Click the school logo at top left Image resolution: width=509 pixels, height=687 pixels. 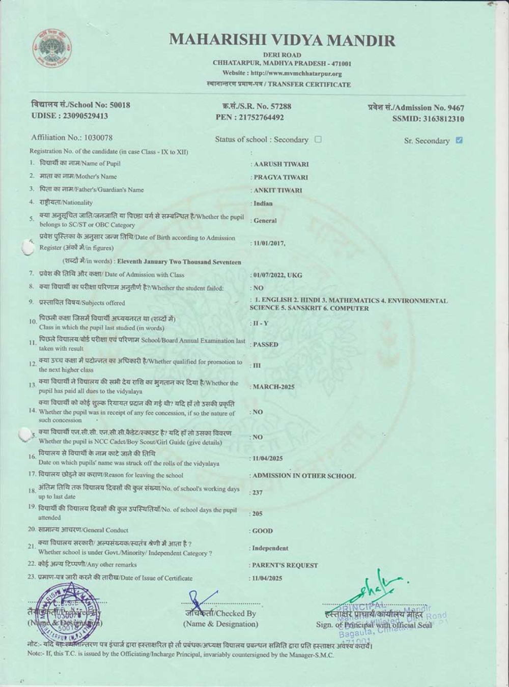(52, 48)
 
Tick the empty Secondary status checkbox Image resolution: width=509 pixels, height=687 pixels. (318, 139)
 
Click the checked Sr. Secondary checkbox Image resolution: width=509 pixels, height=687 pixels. (459, 140)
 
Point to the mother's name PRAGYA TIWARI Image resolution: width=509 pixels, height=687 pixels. (280, 178)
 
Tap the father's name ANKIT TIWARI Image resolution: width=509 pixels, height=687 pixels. (277, 190)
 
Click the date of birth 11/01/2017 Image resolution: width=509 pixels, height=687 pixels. (269, 243)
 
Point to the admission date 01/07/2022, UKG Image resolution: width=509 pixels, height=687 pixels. (277, 275)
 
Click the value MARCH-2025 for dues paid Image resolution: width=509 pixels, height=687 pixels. (274, 387)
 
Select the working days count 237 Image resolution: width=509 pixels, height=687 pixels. (258, 493)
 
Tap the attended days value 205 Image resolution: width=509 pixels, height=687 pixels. (258, 514)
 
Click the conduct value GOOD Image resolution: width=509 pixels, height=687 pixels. (263, 531)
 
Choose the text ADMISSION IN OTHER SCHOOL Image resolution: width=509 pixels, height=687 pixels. (304, 476)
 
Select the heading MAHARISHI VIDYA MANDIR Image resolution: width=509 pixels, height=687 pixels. (282, 40)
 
